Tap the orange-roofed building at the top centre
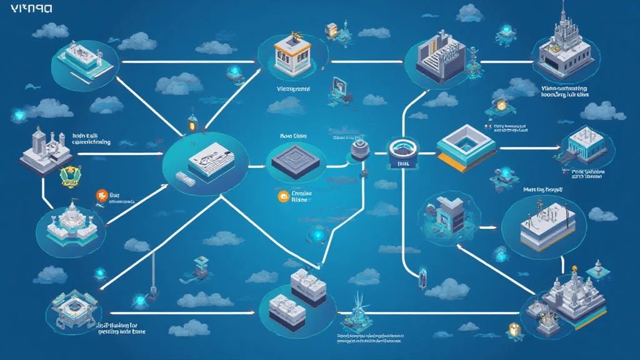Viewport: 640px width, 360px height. pos(291,51)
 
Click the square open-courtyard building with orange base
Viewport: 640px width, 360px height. pos(465,149)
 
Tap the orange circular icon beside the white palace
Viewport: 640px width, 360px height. pos(99,196)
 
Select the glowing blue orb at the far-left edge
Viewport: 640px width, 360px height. pos(17,115)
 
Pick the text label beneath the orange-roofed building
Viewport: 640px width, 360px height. pos(292,89)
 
